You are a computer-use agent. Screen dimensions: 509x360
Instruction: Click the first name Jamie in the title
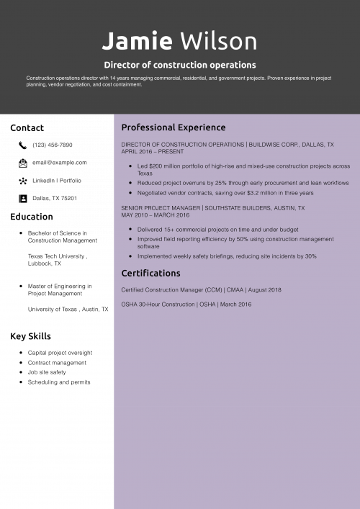[x=137, y=41]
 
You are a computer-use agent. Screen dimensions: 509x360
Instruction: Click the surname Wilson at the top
[x=218, y=41]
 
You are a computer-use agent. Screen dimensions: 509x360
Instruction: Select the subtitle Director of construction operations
[x=180, y=65]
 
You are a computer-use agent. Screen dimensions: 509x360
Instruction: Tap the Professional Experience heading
[x=174, y=127]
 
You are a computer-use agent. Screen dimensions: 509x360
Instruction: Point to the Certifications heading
[x=150, y=274]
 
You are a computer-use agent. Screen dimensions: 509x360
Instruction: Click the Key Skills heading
[x=30, y=336]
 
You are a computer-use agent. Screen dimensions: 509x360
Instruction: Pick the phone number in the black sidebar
[x=53, y=145]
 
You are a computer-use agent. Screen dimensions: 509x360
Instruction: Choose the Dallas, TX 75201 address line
[x=55, y=198]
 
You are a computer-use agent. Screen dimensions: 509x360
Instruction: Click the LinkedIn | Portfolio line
[x=57, y=180]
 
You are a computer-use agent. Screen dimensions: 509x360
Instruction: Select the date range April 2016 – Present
[x=153, y=152]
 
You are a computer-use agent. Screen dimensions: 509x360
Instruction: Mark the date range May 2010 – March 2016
[x=156, y=215]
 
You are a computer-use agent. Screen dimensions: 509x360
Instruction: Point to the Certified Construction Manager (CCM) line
[x=201, y=289]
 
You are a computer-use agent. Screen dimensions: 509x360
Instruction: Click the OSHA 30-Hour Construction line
[x=186, y=305]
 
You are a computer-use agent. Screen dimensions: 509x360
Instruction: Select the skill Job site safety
[x=47, y=372]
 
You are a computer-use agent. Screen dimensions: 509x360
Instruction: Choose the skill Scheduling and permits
[x=59, y=382]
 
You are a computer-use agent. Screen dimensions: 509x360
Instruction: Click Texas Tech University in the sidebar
[x=57, y=256]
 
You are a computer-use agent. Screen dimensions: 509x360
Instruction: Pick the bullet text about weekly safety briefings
[x=227, y=256]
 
